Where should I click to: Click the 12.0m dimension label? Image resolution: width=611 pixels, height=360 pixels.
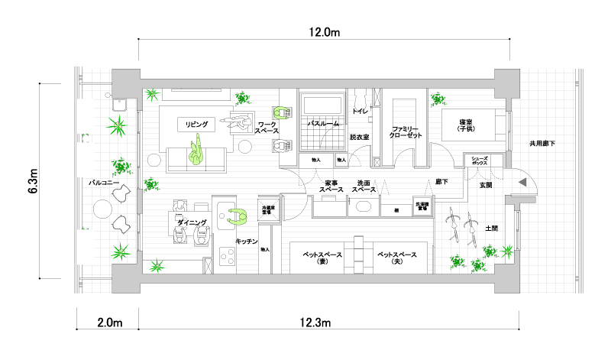coord(323,33)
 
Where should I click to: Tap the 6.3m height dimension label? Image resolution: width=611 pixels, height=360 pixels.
coord(33,181)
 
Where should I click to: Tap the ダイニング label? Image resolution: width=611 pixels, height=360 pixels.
coord(192,222)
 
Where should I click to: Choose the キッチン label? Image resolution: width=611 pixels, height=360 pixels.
coord(245,242)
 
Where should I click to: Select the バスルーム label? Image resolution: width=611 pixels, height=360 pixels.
coord(322,122)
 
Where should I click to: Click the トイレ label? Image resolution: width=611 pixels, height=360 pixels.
coord(360,112)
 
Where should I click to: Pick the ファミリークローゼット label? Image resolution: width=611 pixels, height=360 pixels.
coord(406,131)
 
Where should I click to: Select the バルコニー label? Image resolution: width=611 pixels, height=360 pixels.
coord(103,183)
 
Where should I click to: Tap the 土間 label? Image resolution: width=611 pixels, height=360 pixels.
coord(492,229)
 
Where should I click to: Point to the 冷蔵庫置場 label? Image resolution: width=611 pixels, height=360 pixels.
coord(268,209)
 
